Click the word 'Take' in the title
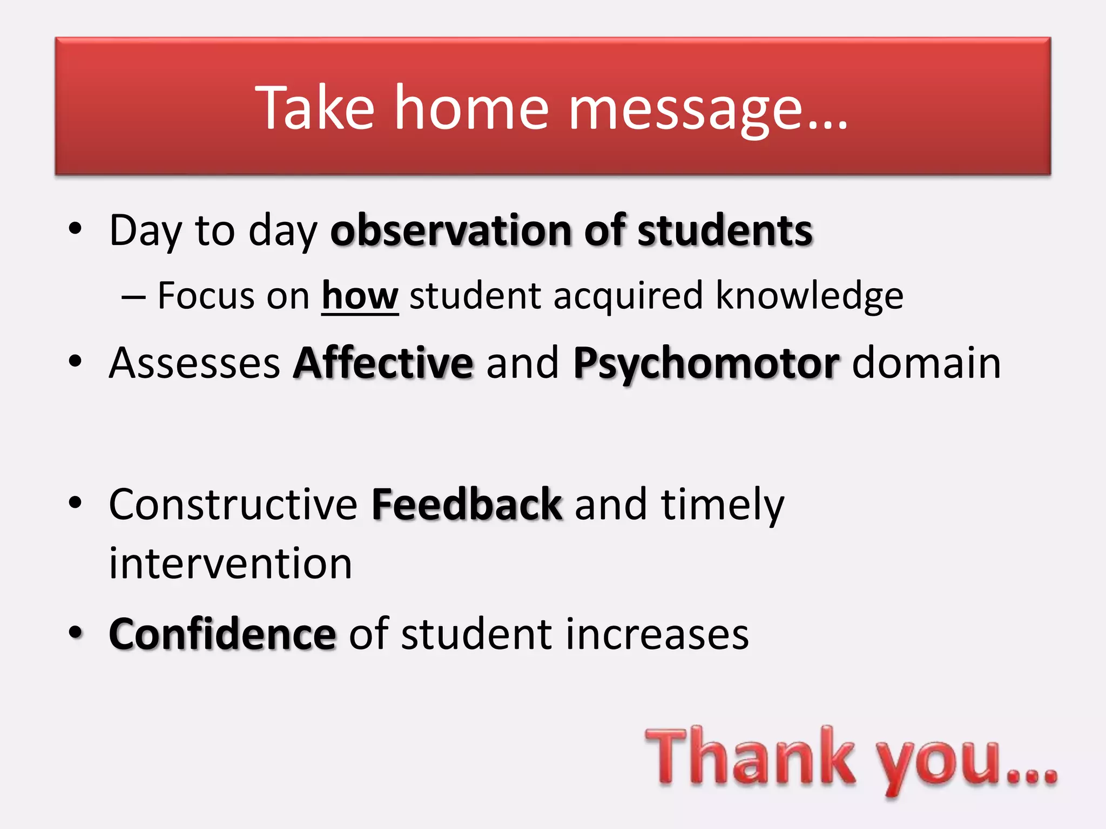click(314, 108)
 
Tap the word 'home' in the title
click(471, 108)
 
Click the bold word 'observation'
click(450, 231)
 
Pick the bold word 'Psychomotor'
click(706, 364)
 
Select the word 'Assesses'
click(194, 364)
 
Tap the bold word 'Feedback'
click(467, 505)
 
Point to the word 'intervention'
click(231, 563)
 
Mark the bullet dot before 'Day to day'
click(75, 229)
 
